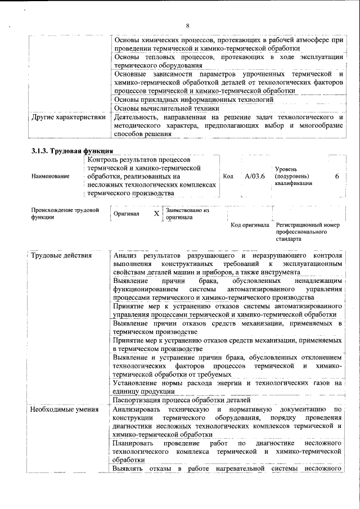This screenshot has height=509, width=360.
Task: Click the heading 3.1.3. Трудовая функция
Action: [x=72, y=151]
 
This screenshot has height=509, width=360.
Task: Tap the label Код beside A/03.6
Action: [x=228, y=176]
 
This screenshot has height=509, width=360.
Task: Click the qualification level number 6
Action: [x=337, y=176]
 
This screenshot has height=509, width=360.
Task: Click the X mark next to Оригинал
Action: [x=157, y=214]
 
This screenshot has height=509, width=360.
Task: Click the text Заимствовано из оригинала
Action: [x=187, y=213]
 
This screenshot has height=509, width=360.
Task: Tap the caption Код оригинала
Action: [x=250, y=225]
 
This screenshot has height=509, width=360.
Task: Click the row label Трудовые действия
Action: [x=61, y=256]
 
